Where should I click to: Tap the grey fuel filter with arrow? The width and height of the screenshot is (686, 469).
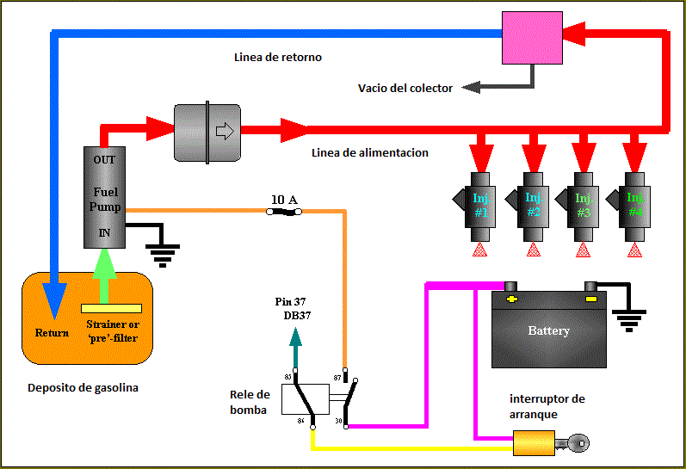(207, 132)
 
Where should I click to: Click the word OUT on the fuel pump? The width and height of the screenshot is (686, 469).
(104, 160)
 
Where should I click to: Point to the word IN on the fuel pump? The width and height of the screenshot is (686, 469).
(104, 232)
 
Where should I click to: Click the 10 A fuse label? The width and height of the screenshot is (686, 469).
(284, 201)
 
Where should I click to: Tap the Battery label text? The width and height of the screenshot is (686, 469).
(548, 330)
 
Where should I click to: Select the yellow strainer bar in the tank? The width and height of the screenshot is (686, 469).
(112, 308)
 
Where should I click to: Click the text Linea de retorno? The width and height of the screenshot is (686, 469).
(277, 58)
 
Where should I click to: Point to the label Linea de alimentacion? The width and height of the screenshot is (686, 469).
(369, 153)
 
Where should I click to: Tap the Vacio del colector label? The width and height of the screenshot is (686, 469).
(405, 88)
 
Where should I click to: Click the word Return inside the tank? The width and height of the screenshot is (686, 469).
(52, 333)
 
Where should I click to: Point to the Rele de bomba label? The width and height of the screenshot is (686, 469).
(250, 402)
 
